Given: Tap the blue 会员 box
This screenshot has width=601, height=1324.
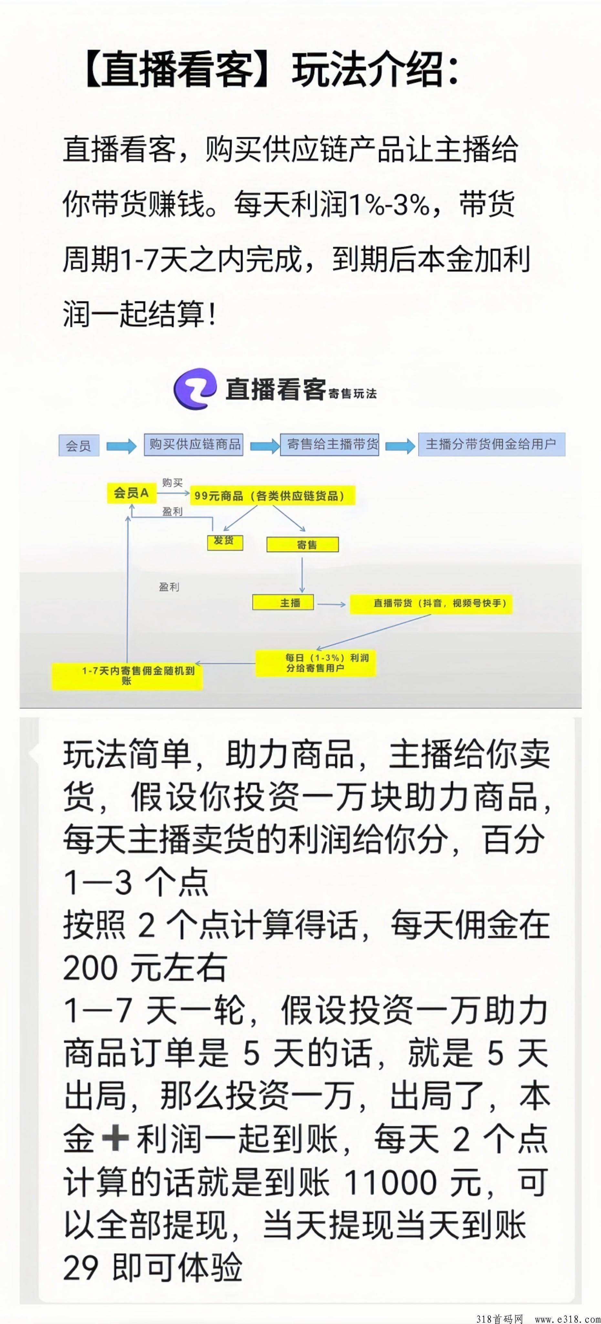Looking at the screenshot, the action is pyautogui.click(x=78, y=445).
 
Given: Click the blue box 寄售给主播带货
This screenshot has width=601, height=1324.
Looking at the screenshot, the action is pyautogui.click(x=330, y=444).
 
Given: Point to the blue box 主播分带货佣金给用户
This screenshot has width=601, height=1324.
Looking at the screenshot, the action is pyautogui.click(x=492, y=444).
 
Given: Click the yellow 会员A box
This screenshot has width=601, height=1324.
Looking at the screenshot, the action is pyautogui.click(x=131, y=493).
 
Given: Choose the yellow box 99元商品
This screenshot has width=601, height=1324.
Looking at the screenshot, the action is pyautogui.click(x=272, y=496).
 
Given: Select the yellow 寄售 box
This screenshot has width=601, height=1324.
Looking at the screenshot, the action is pyautogui.click(x=303, y=545).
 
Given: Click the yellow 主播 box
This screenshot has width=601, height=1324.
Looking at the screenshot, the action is pyautogui.click(x=283, y=603).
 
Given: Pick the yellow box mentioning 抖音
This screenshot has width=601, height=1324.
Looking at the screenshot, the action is pyautogui.click(x=431, y=604).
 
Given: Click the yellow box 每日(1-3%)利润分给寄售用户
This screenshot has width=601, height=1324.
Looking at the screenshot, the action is pyautogui.click(x=316, y=663).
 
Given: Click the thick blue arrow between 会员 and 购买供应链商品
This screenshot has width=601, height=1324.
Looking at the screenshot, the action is pyautogui.click(x=121, y=446).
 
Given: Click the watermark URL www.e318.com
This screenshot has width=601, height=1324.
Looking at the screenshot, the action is pyautogui.click(x=566, y=1319).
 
